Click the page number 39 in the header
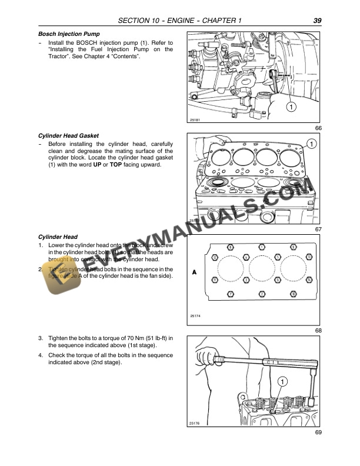tap(317, 21)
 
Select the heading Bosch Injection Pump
tap(65, 34)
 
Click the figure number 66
tap(318, 128)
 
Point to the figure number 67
tap(318, 229)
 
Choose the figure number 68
tap(318, 331)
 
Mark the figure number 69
tap(318, 432)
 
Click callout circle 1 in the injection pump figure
tap(290, 106)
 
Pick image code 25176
tap(195, 423)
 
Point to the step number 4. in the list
tap(40, 355)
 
